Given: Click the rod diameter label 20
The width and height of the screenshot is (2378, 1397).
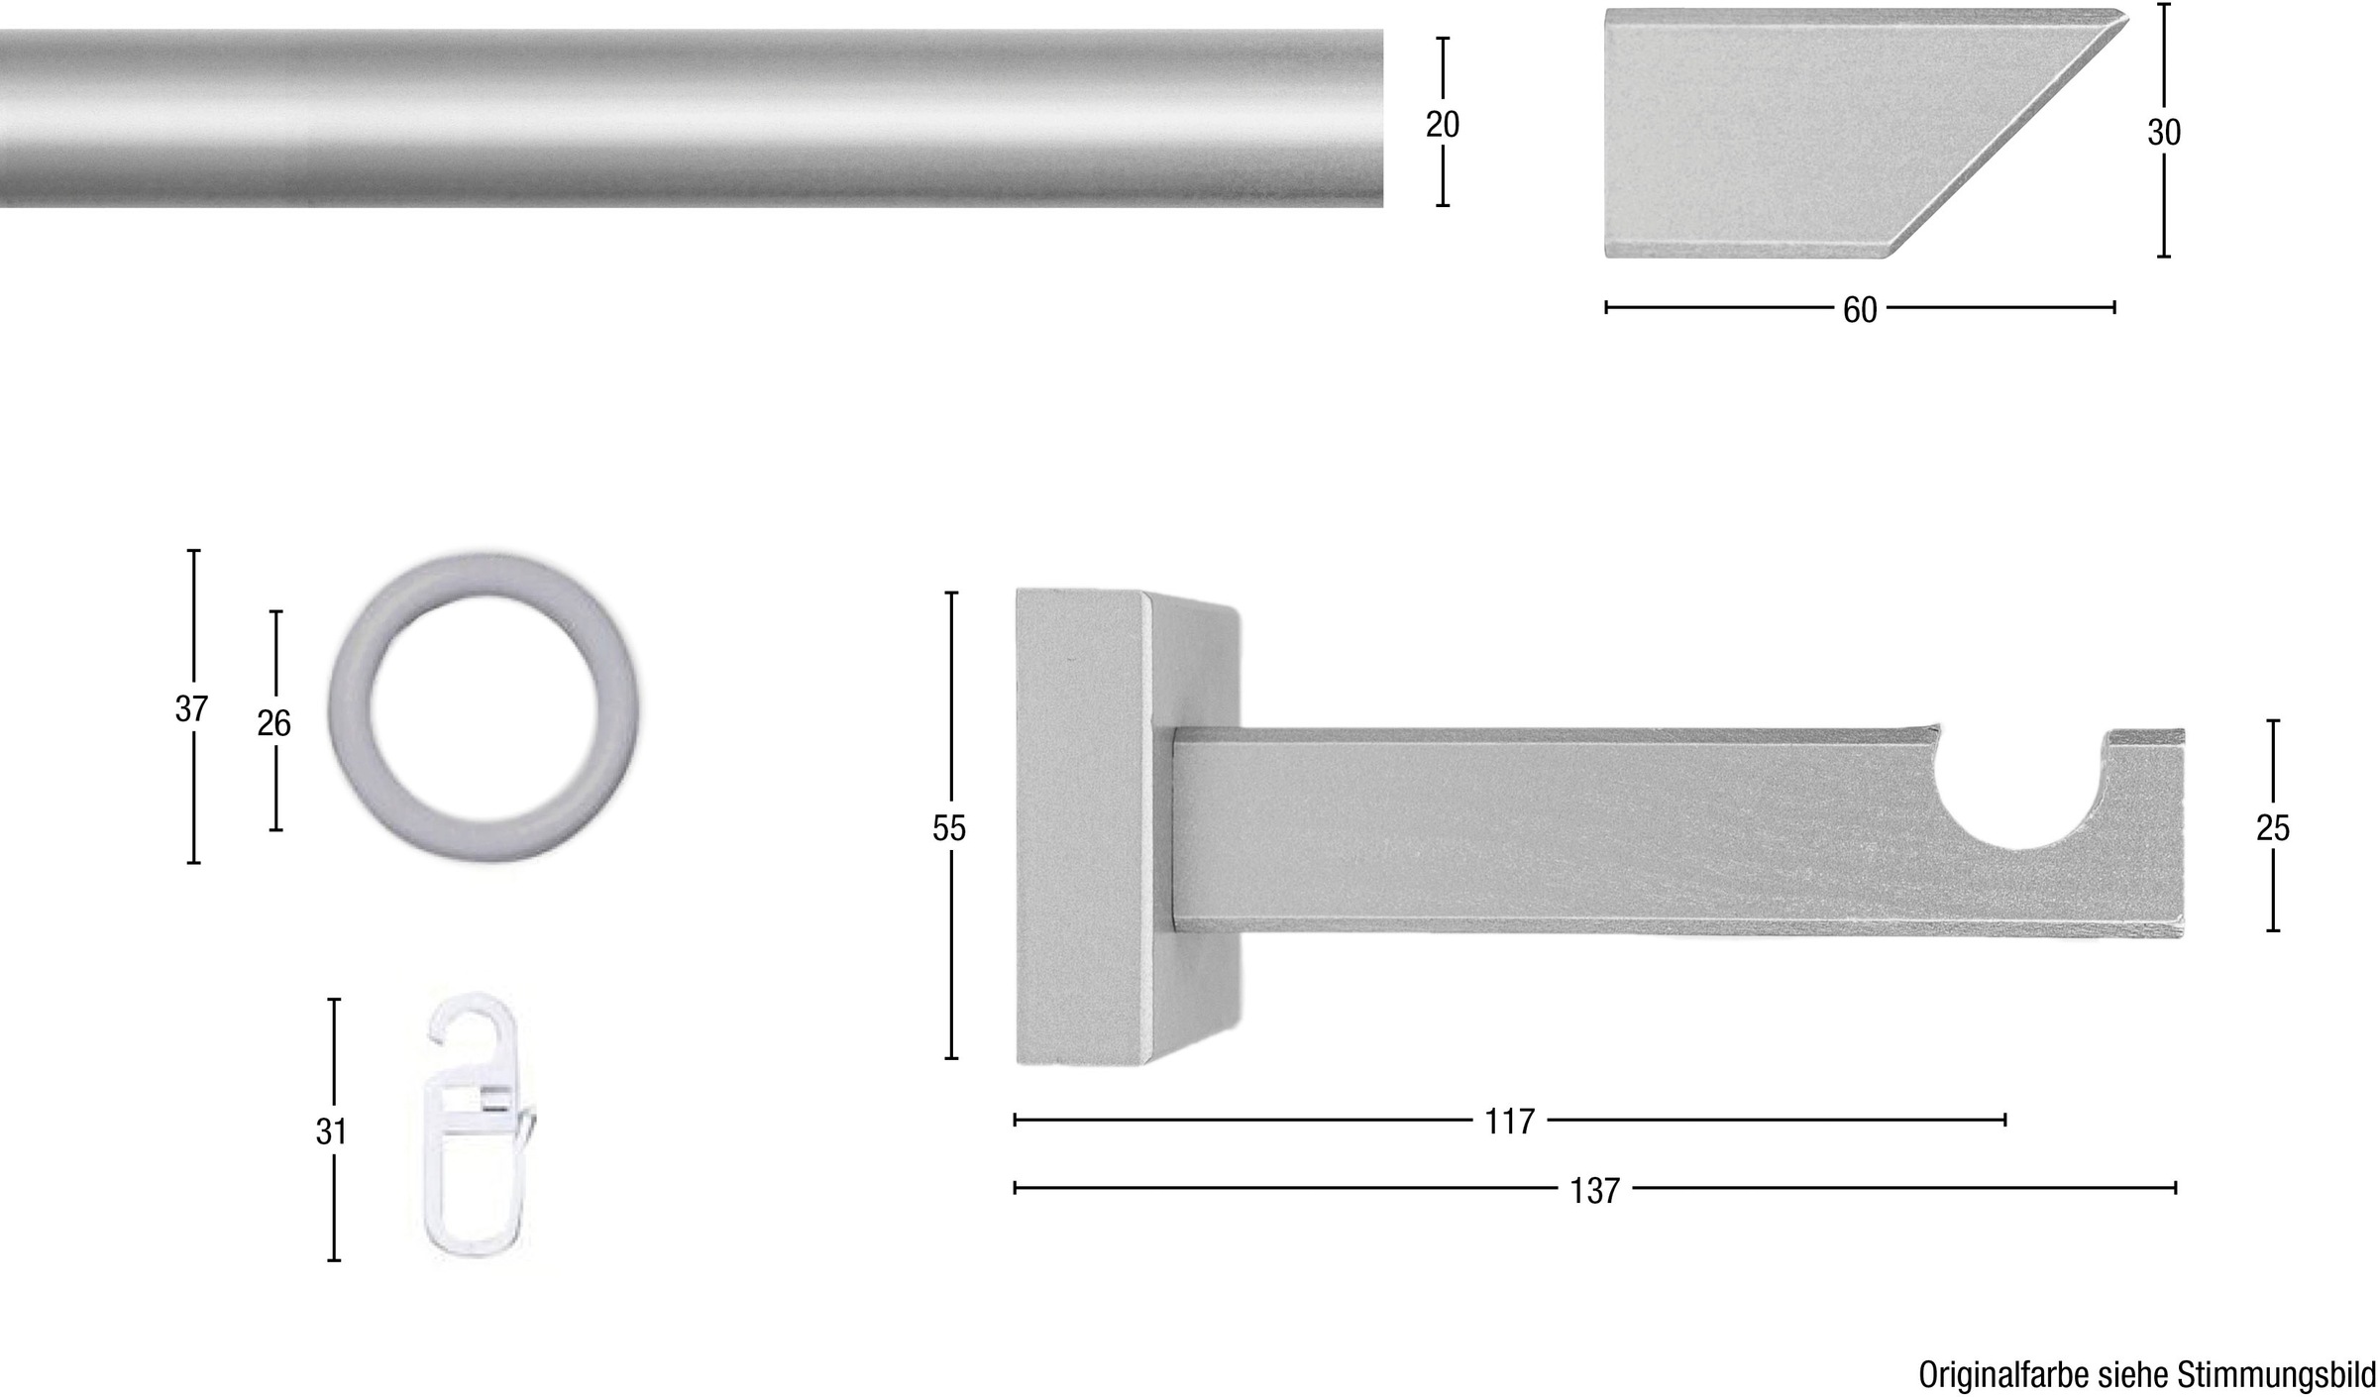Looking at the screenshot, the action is pos(1443,125).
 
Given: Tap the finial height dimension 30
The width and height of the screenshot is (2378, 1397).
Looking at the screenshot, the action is pos(2164,132).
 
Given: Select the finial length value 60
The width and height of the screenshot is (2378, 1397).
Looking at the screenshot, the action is pos(1860,310).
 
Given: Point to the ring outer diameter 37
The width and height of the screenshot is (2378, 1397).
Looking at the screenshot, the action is pos(191,709).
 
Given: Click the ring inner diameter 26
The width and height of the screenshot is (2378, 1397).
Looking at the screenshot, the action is pos(274,723).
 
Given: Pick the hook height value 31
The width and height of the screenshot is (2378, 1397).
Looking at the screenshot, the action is pos(332,1131).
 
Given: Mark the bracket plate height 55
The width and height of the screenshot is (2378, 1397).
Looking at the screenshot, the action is pos(949,828).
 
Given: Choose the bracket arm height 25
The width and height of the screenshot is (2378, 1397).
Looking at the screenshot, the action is pos(2273,828).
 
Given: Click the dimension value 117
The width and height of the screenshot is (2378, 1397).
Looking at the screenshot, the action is pos(1510,1122).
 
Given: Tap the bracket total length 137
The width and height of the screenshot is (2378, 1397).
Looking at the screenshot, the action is pos(1594,1190).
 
